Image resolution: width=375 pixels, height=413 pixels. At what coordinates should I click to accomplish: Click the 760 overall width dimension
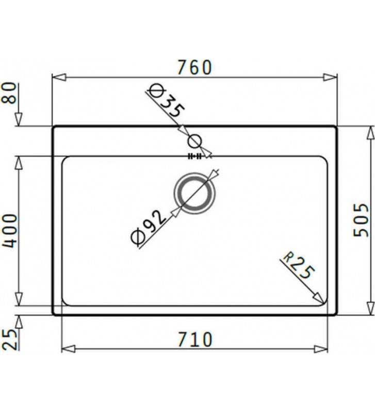point(194,67)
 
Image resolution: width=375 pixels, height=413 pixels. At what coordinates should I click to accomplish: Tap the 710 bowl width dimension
point(194,339)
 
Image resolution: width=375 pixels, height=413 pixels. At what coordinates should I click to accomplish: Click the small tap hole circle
point(195,140)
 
